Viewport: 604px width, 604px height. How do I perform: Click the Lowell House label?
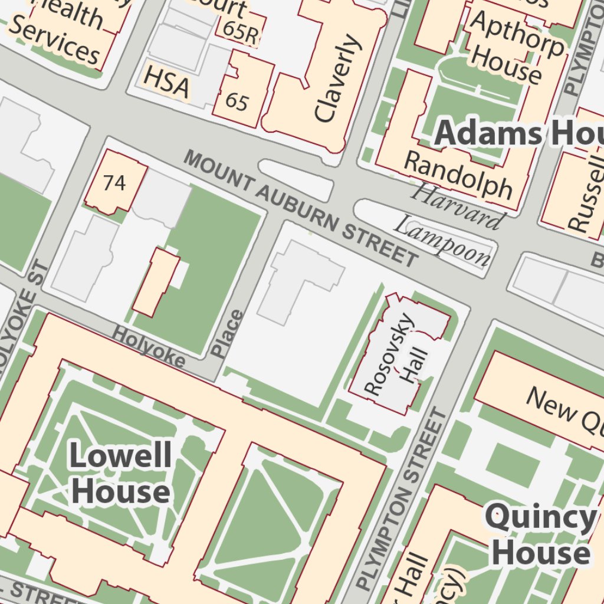[x=120, y=474]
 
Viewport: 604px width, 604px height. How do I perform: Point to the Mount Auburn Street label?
[x=301, y=208]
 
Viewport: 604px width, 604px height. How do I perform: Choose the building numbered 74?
[x=114, y=183]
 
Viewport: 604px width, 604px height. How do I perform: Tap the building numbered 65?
[x=237, y=102]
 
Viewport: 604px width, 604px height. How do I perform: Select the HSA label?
[x=167, y=81]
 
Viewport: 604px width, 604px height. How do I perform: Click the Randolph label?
[x=459, y=175]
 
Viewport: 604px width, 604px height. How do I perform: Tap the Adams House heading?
[x=519, y=134]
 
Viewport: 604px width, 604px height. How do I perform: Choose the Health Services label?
[x=59, y=32]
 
